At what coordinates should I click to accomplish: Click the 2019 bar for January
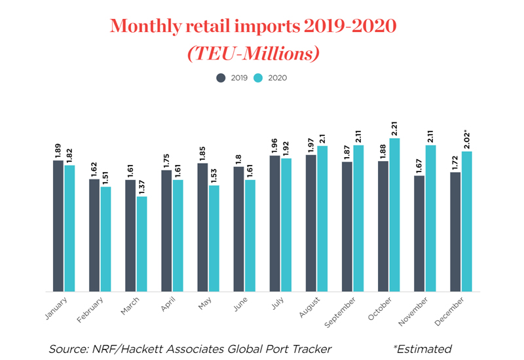pos(58,226)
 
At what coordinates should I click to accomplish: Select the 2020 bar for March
pos(142,243)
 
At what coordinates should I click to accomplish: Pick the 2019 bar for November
pos(419,233)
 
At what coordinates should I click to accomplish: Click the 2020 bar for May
pos(214,238)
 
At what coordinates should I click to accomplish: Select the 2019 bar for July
pos(274,223)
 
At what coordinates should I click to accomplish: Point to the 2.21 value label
pos(394,129)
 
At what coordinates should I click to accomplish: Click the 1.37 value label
pos(142,187)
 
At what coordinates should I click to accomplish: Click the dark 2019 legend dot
pos(221,78)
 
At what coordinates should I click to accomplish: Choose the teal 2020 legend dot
pos(258,78)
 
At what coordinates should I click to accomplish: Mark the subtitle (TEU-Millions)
pos(253,54)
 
